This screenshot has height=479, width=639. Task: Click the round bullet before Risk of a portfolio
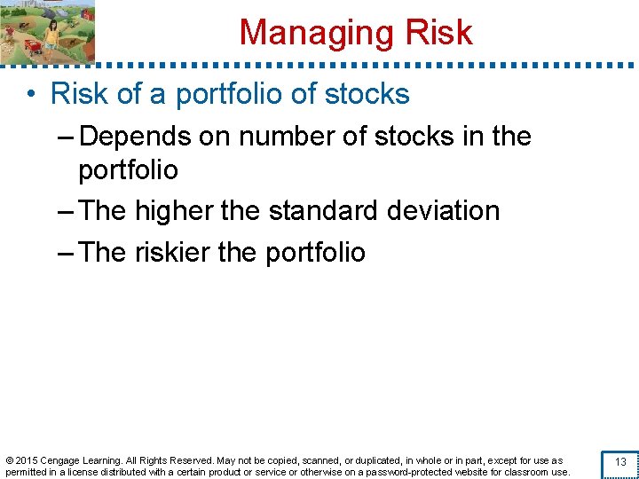[x=31, y=94]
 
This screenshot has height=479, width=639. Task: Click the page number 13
[x=620, y=462]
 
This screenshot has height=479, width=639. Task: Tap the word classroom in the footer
[x=529, y=472]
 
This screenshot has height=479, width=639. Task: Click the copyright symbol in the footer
[x=9, y=460]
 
